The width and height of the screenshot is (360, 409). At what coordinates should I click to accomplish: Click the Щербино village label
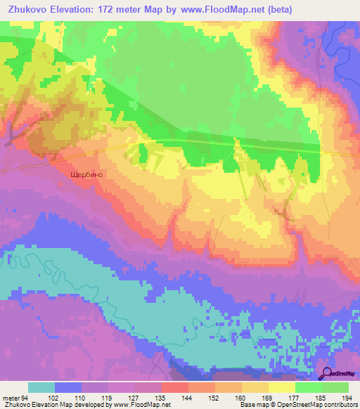point(87,177)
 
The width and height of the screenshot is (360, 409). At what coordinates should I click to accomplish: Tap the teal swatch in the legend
point(41,387)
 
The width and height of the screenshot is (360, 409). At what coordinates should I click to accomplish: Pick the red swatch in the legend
point(175,387)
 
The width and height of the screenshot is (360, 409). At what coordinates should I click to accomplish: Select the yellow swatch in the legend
point(282,387)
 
